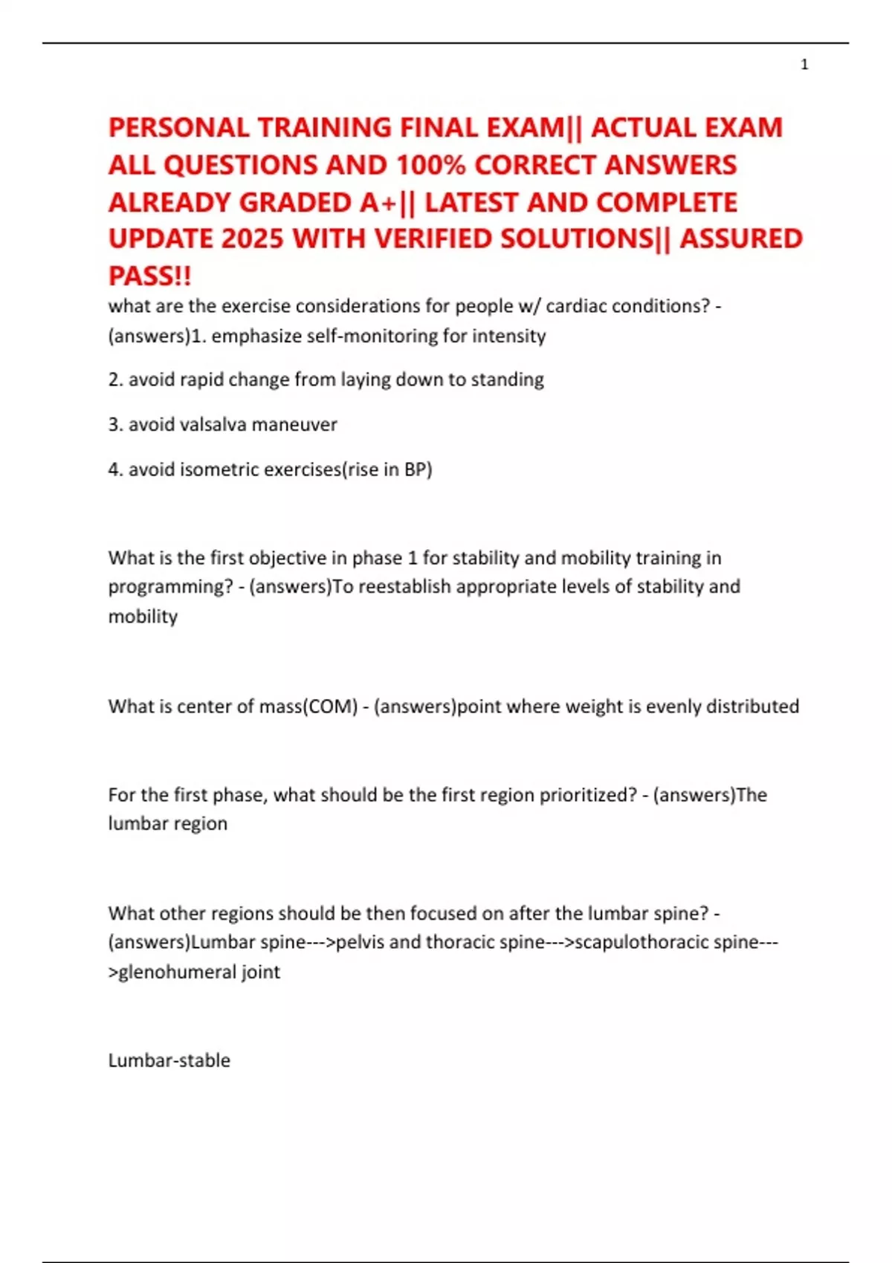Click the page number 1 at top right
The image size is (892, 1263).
(804, 65)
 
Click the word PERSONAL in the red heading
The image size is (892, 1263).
(178, 128)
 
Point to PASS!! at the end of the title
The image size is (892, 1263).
(149, 276)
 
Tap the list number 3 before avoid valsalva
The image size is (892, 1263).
(114, 425)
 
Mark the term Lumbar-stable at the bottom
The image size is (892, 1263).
(169, 1060)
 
